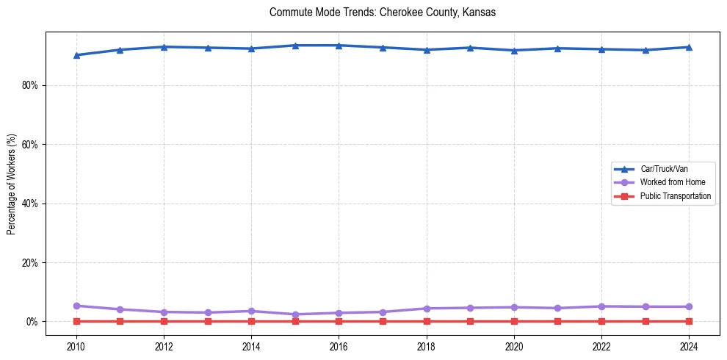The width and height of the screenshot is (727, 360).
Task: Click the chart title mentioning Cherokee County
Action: point(383,12)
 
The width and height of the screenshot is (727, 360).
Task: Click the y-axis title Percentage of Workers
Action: point(11,183)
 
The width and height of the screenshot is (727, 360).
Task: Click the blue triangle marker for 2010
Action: point(76,55)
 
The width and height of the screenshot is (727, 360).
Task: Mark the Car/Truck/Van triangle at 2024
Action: point(689,47)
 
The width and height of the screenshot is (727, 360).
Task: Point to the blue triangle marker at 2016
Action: point(339,46)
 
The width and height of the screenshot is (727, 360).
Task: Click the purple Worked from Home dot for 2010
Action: point(76,306)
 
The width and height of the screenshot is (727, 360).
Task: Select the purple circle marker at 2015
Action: point(295,314)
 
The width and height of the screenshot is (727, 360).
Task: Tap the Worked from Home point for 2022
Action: point(601,306)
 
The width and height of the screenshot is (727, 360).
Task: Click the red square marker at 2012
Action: point(164,321)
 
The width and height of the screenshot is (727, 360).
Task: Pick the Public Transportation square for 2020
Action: point(514,321)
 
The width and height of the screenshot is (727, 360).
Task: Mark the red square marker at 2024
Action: point(689,321)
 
